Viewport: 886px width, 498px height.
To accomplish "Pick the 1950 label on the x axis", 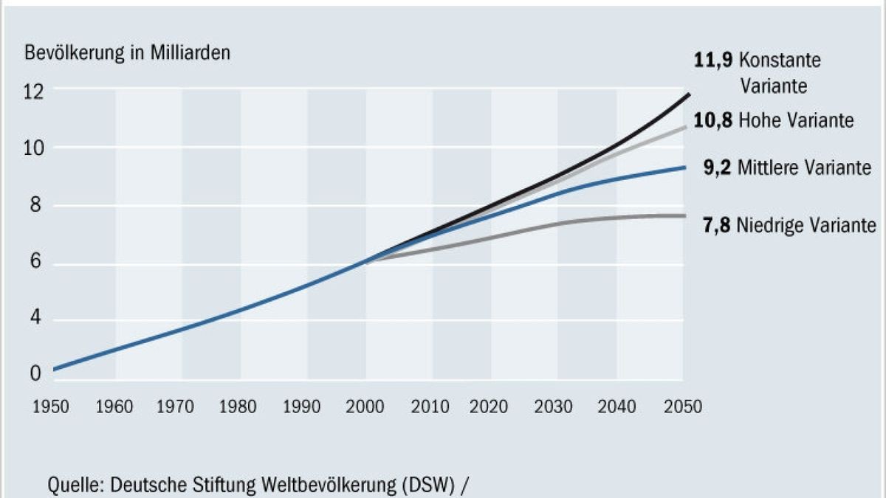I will tap(52, 407).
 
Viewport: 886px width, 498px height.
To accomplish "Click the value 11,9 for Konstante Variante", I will tap(714, 60).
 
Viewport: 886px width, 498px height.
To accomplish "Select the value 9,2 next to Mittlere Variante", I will tap(716, 168).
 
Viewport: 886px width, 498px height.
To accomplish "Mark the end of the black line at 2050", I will tap(688, 94).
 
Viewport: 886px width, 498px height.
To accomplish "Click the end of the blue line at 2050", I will tap(684, 167).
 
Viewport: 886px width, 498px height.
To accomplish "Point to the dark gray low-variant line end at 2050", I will tap(684, 215).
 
